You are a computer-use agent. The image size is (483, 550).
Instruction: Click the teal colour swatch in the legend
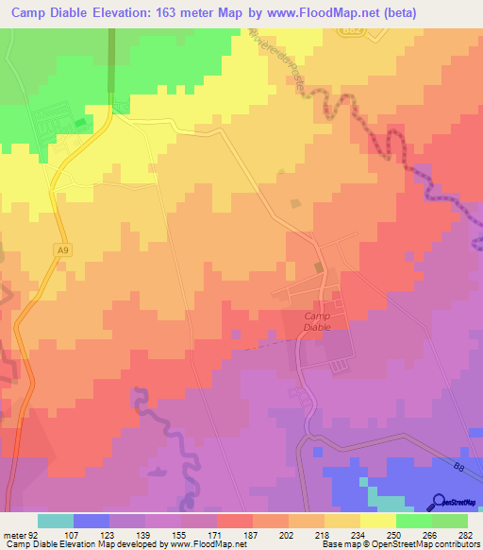pyautogui.click(x=56, y=521)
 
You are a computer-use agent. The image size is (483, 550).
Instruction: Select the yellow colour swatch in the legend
pyautogui.click(x=378, y=521)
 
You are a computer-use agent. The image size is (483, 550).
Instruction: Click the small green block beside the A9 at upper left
pyautogui.click(x=79, y=121)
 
